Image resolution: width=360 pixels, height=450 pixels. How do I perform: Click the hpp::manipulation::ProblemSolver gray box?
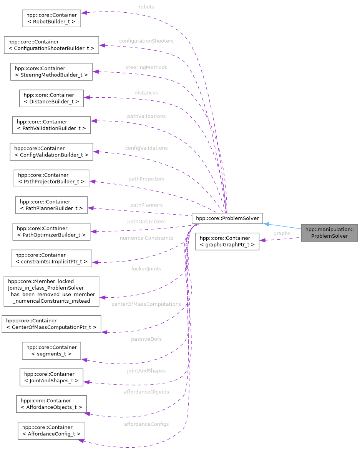(x=329, y=233)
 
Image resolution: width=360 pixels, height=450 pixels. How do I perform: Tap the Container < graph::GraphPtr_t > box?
(x=227, y=241)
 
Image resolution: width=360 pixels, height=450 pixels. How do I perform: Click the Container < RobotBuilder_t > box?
(x=51, y=18)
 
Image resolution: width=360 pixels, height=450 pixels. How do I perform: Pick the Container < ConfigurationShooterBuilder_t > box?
(x=51, y=45)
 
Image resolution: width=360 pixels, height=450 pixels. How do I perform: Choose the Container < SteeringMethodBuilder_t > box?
(x=51, y=72)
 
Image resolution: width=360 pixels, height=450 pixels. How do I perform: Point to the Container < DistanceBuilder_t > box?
(x=51, y=98)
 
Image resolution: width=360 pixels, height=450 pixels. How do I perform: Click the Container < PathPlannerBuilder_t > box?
(x=51, y=205)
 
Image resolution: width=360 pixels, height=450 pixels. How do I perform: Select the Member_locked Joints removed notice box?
(x=51, y=291)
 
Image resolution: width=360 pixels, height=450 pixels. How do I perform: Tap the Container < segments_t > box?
(x=51, y=350)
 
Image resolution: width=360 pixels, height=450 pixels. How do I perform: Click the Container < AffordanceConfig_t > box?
(x=51, y=430)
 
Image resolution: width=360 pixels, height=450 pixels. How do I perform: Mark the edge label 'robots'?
(x=146, y=7)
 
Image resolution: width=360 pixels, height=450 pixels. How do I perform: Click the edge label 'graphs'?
(x=282, y=233)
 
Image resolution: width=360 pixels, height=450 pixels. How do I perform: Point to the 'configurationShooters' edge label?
(x=146, y=41)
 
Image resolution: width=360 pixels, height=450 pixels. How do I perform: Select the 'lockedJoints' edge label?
(x=146, y=269)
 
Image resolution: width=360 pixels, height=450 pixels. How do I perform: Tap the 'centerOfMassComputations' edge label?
(x=146, y=304)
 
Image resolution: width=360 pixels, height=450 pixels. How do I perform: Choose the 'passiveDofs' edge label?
(x=146, y=339)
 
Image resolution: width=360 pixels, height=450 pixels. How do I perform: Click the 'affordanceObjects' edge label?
(x=146, y=392)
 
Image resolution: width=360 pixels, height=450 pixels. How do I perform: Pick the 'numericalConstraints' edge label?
(x=146, y=238)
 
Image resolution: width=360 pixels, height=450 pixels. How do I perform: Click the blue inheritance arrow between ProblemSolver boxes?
(x=282, y=226)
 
